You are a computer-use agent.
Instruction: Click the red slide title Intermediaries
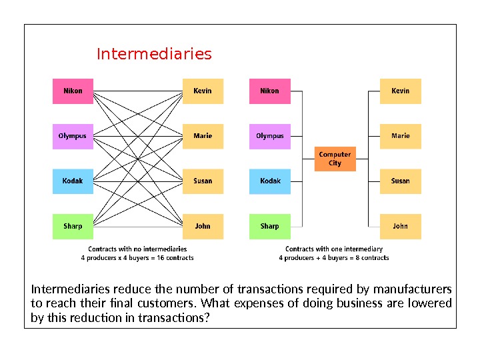(x=154, y=54)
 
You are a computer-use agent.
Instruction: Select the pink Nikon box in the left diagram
(x=73, y=91)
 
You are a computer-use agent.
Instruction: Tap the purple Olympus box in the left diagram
(x=73, y=136)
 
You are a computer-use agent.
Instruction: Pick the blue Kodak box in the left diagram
(x=73, y=181)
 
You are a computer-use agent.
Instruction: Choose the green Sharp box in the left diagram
(x=73, y=226)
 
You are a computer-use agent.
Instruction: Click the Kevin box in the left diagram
(x=203, y=91)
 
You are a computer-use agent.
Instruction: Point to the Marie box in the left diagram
(x=203, y=136)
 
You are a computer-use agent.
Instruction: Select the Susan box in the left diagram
(x=203, y=181)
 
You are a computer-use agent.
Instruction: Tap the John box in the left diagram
(x=203, y=226)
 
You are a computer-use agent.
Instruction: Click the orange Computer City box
(x=335, y=159)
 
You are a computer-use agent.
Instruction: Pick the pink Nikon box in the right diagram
(x=269, y=91)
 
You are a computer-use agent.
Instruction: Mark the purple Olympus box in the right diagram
(x=269, y=136)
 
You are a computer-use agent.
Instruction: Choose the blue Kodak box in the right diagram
(x=269, y=181)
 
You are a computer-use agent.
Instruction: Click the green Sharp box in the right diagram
(x=269, y=226)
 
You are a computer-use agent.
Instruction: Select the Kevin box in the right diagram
(x=400, y=91)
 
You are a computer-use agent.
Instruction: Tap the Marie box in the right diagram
(x=400, y=136)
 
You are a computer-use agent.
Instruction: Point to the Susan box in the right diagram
(x=400, y=181)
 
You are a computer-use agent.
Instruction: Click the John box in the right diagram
(x=400, y=226)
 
